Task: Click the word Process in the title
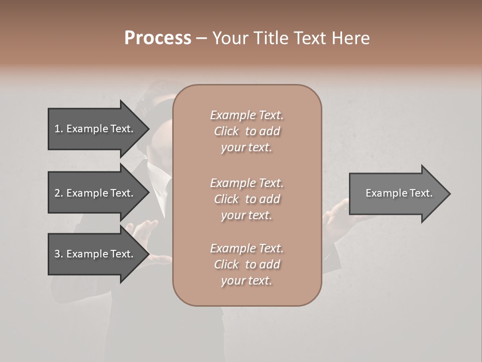tap(158, 38)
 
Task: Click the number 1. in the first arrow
tap(59, 129)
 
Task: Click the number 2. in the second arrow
tap(59, 193)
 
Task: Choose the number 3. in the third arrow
tap(59, 254)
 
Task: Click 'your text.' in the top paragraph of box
tap(247, 148)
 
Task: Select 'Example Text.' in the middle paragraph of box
tap(247, 183)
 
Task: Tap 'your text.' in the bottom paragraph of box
tap(247, 281)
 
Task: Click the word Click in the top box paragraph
tap(226, 131)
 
